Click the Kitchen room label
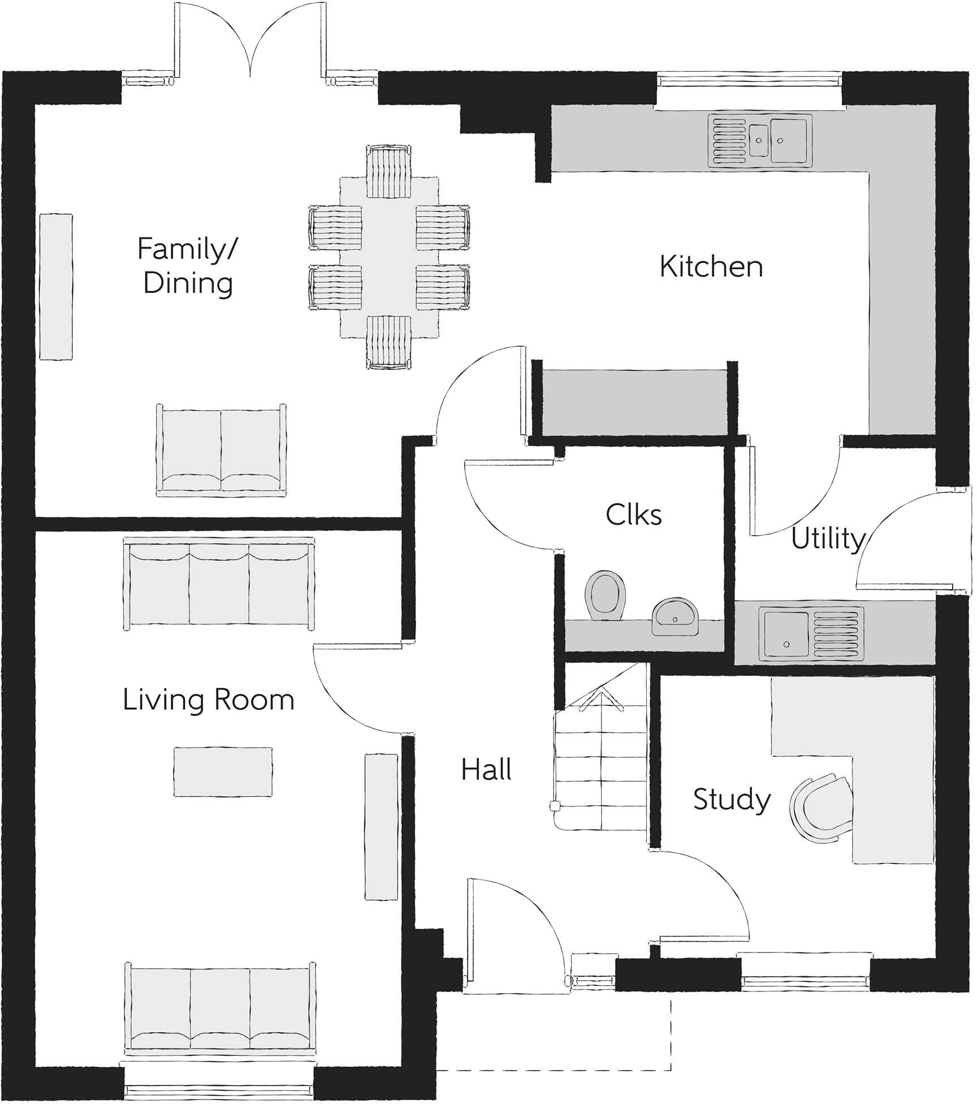pos(711,266)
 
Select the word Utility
pos(828,538)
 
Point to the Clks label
pos(634,515)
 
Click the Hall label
pos(486,770)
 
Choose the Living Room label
pos(209,700)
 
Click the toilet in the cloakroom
pos(606,596)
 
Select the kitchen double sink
pos(759,141)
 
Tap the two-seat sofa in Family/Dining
pos(221,451)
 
